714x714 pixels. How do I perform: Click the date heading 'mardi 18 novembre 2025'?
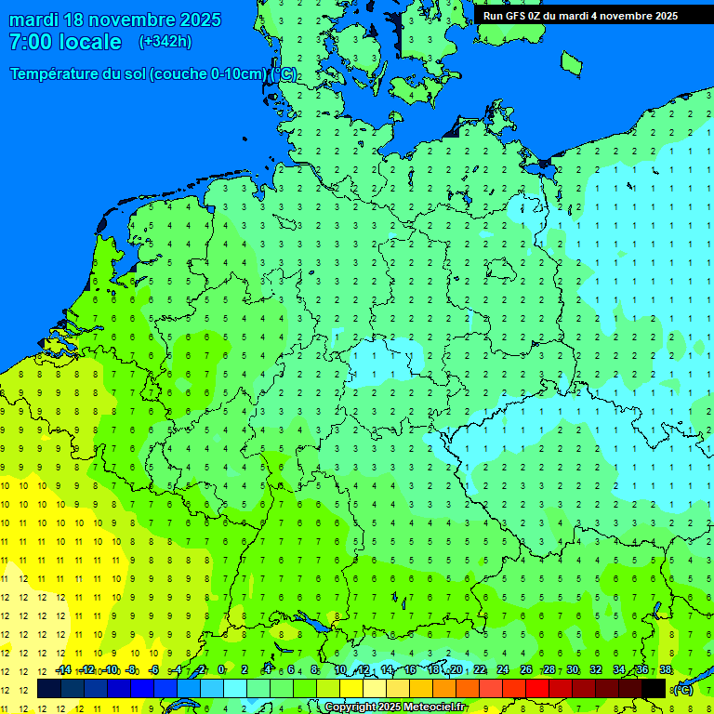pos(115,20)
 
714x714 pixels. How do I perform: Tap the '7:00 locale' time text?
pos(65,42)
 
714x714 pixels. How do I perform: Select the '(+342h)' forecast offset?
pos(165,42)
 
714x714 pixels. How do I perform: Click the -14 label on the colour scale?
pos(63,670)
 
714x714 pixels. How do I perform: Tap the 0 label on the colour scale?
pos(221,670)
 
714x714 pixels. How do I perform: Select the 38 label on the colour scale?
pos(666,670)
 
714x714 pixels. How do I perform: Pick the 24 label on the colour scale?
pos(503,670)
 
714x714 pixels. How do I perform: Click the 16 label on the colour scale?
pos(410,670)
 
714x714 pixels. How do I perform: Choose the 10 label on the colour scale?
pos(340,670)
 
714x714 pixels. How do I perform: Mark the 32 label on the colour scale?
pos(596,670)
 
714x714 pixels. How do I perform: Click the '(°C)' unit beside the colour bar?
pos(683,689)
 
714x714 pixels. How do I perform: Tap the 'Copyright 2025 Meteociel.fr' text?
pos(395,707)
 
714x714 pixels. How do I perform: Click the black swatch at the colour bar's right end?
pos(654,689)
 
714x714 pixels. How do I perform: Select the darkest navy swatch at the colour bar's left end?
pos(49,689)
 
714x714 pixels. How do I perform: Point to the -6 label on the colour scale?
pos(153,670)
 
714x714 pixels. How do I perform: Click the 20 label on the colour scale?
pos(456,670)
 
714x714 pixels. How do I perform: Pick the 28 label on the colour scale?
pos(549,670)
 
